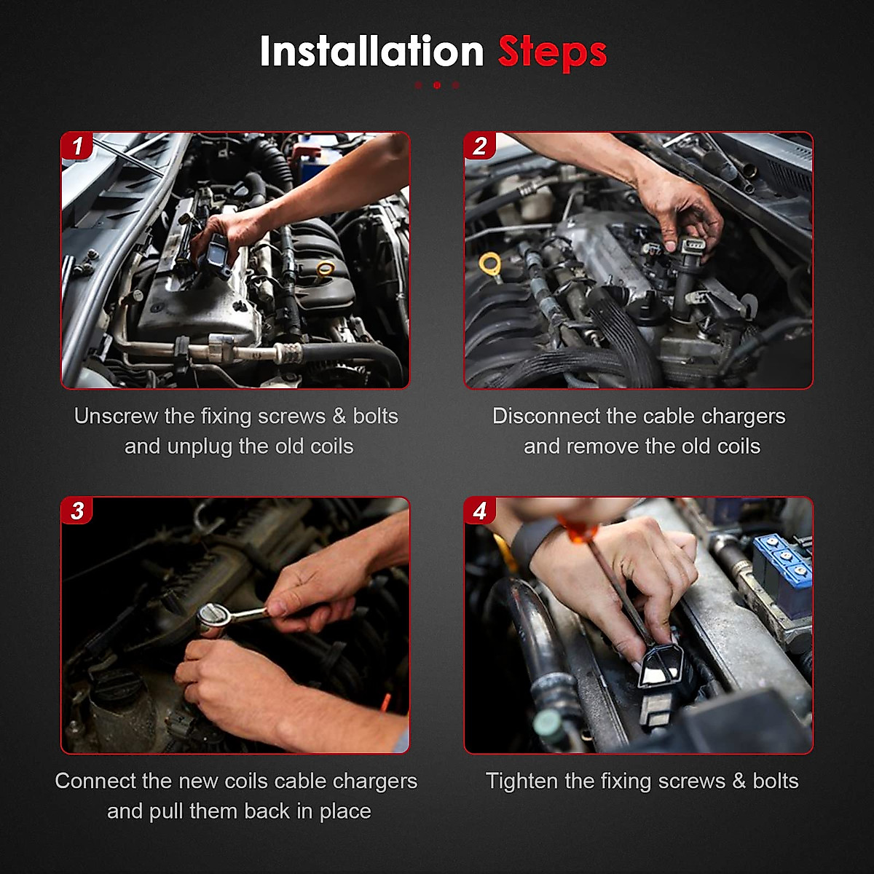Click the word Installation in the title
[372, 52]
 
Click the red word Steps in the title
[552, 53]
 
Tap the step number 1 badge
[77, 146]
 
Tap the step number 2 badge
[480, 146]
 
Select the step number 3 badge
[77, 511]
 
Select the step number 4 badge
[480, 511]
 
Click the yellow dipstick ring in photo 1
[325, 269]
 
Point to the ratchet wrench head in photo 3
[212, 615]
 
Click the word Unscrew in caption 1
[116, 416]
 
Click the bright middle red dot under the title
[437, 84]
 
